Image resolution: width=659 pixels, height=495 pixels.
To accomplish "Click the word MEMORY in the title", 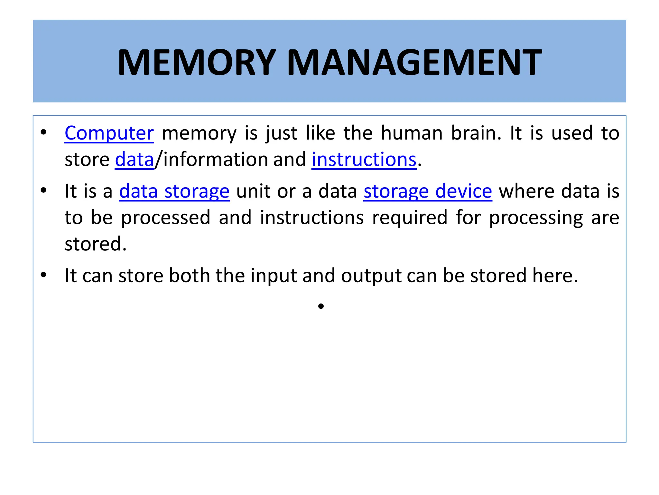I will pyautogui.click(x=197, y=62).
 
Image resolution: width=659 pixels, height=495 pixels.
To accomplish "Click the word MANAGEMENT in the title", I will pyautogui.click(x=414, y=62).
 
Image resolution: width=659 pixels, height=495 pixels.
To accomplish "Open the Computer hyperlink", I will pyautogui.click(x=109, y=133).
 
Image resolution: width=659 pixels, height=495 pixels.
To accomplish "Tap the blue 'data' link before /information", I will pyautogui.click(x=135, y=160).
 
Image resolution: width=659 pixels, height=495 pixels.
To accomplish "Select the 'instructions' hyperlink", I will pyautogui.click(x=364, y=160).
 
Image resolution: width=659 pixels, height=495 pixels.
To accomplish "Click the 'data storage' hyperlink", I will pyautogui.click(x=174, y=191).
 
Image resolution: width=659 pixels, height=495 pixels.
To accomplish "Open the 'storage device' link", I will pyautogui.click(x=428, y=191).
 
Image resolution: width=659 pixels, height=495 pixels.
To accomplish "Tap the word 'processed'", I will pyautogui.click(x=166, y=218).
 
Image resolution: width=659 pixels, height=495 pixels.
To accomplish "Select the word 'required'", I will pyautogui.click(x=410, y=218).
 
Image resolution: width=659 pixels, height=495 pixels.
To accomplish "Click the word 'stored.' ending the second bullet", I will pyautogui.click(x=96, y=244).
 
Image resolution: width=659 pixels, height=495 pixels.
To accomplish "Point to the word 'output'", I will pyautogui.click(x=371, y=276).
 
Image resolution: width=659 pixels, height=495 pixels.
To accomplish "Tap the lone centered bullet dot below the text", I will pyautogui.click(x=321, y=306).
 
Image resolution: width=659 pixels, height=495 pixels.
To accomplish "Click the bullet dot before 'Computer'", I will pyautogui.click(x=43, y=132).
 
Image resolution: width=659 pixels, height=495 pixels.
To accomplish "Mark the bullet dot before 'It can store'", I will pyautogui.click(x=43, y=275).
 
